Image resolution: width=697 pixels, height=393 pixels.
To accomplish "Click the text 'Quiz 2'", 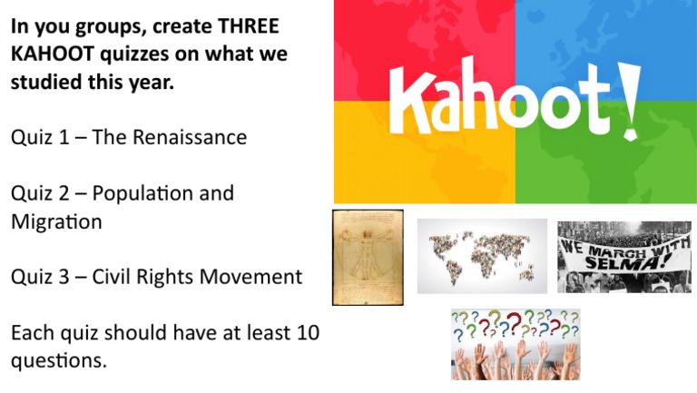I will click(x=38, y=193).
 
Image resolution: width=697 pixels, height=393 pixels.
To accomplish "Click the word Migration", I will click(x=55, y=221).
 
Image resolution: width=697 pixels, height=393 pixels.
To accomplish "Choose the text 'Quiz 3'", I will click(x=38, y=277).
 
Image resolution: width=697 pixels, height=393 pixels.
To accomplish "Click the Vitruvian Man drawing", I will click(x=368, y=257).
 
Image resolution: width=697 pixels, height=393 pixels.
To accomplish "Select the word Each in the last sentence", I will click(x=33, y=332).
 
